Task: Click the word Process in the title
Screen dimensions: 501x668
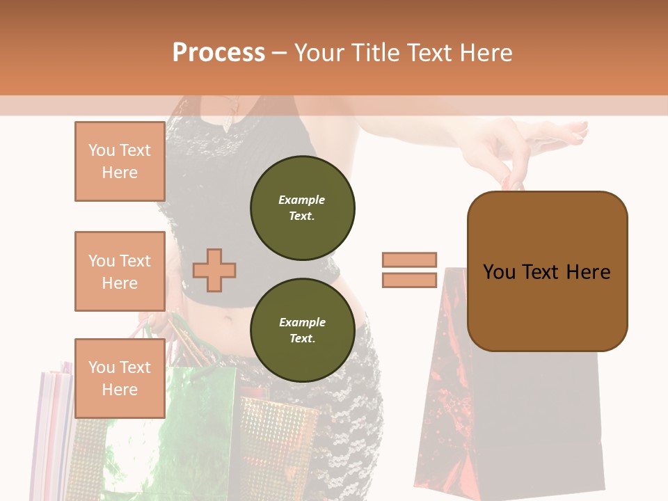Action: tap(218, 52)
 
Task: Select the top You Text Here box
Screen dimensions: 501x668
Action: tap(120, 161)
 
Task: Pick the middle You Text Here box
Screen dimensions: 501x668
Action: tap(120, 271)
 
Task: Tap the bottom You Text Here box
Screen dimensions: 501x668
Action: tap(120, 378)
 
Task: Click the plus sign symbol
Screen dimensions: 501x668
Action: tap(214, 270)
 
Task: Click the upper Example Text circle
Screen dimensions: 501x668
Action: tap(302, 208)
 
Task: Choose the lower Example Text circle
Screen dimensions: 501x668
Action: tap(302, 331)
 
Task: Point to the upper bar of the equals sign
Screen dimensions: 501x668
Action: tap(409, 260)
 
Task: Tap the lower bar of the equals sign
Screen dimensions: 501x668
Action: tap(409, 280)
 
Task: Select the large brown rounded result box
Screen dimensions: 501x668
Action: tap(547, 271)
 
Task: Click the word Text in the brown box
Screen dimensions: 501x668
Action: tap(547, 271)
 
